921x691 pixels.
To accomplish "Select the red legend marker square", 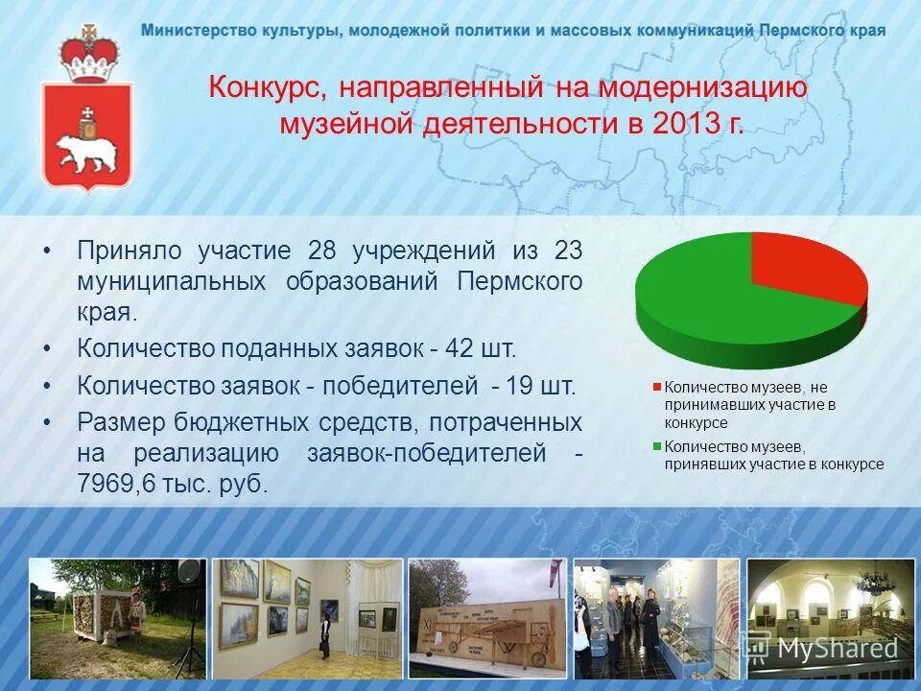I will click(x=657, y=388).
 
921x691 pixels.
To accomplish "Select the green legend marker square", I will click(x=657, y=446).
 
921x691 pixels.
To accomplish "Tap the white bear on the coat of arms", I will click(x=86, y=151).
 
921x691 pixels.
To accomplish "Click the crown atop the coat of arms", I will click(x=87, y=58).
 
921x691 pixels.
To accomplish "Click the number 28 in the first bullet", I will click(x=322, y=251).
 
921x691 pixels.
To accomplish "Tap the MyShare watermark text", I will click(x=837, y=648).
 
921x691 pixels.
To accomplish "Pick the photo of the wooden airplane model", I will click(x=485, y=619).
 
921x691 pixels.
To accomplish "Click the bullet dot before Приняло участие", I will click(x=47, y=251).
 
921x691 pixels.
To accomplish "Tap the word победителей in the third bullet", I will click(x=399, y=386).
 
